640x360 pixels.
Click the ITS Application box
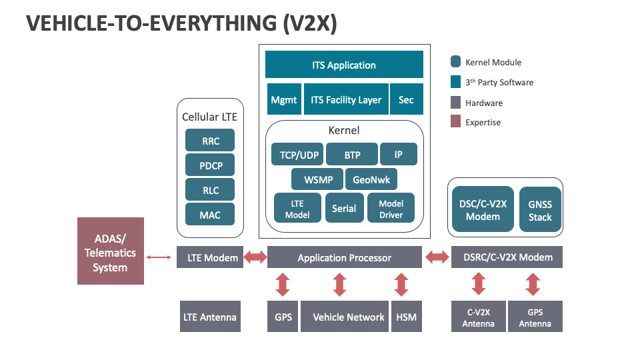(x=344, y=65)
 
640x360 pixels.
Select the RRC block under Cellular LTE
(x=211, y=141)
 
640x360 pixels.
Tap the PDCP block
(x=211, y=165)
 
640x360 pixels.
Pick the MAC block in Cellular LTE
(x=211, y=215)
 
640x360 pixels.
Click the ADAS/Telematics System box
(x=110, y=251)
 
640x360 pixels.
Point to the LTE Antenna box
(x=209, y=317)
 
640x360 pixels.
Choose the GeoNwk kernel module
(x=371, y=179)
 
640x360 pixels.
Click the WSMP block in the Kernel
(x=318, y=179)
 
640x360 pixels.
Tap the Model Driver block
(x=391, y=209)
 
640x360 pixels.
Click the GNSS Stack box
(x=540, y=210)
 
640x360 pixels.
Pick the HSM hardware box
(x=406, y=317)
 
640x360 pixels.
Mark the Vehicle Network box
(x=349, y=317)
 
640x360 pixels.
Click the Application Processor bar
(x=344, y=257)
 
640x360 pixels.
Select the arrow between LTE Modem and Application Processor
(x=255, y=257)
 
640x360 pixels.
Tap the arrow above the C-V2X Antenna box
(x=478, y=284)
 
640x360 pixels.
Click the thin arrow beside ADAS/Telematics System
(x=159, y=257)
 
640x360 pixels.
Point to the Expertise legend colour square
(x=455, y=121)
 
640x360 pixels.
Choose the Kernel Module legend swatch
(x=455, y=62)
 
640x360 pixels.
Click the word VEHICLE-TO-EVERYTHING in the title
(x=133, y=24)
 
